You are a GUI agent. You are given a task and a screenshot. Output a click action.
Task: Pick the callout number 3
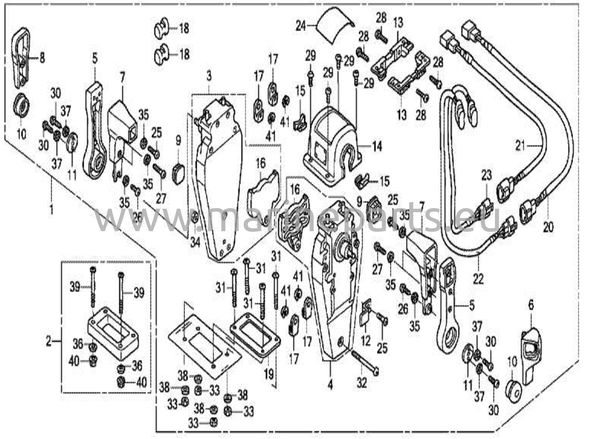(x=209, y=76)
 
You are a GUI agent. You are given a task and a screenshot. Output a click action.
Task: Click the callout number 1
(x=51, y=210)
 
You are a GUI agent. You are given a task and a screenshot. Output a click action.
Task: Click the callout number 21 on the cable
(x=520, y=146)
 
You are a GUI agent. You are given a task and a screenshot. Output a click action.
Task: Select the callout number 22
(x=478, y=280)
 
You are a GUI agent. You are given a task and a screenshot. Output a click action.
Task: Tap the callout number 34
(x=195, y=243)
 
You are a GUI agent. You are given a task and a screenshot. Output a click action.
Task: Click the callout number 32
(x=362, y=383)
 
